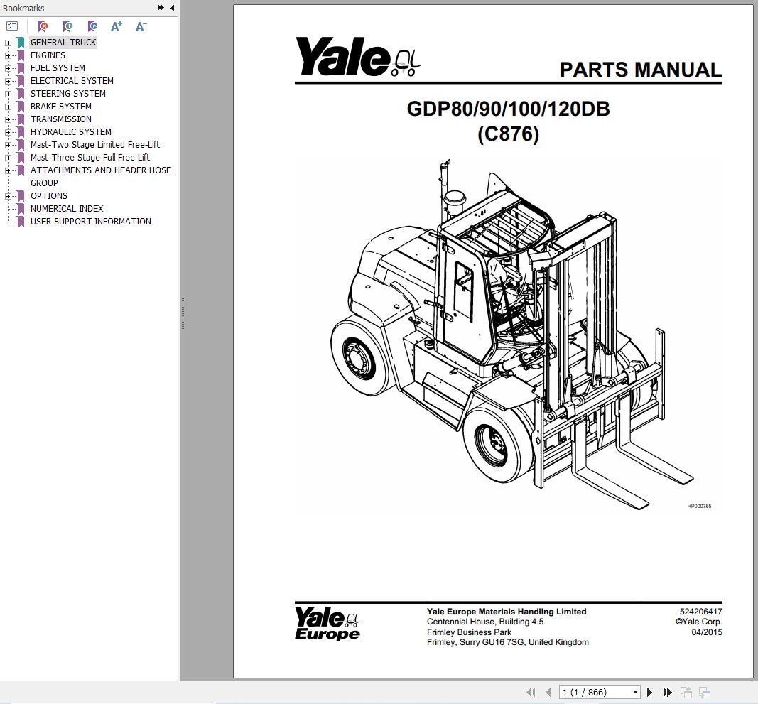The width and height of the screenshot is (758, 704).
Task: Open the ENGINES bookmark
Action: click(48, 55)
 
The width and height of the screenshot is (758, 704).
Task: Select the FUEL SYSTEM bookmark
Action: click(58, 68)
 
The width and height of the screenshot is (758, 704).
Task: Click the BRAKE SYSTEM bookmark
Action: click(60, 107)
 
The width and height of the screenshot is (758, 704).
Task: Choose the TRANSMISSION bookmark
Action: click(60, 119)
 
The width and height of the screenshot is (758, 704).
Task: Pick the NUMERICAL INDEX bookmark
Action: click(66, 209)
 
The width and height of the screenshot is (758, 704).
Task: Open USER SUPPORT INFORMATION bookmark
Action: click(90, 222)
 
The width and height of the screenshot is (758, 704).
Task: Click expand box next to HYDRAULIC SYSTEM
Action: click(9, 132)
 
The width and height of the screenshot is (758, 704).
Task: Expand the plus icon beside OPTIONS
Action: click(9, 196)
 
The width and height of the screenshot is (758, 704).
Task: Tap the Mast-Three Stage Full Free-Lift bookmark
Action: click(90, 158)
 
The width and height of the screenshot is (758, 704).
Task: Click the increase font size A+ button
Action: click(117, 26)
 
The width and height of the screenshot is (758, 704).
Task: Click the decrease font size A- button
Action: click(141, 26)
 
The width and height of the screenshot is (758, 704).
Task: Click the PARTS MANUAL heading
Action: click(640, 70)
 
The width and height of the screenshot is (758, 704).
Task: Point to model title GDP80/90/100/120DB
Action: click(508, 109)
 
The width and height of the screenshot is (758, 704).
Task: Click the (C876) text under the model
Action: click(508, 134)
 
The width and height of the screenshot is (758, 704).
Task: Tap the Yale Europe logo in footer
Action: click(327, 623)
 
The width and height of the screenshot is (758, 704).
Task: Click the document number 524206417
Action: click(700, 612)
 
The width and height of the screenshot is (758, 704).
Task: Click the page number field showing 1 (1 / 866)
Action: click(599, 692)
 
